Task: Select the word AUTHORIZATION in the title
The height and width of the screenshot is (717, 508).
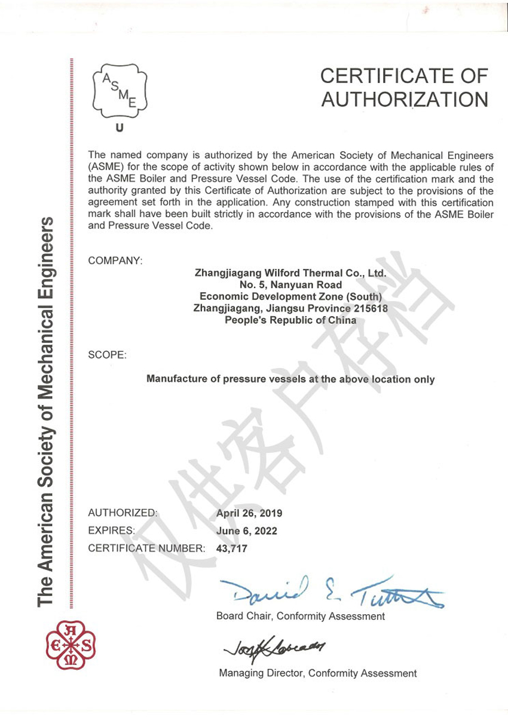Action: click(405, 99)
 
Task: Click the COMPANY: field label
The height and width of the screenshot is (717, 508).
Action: click(115, 261)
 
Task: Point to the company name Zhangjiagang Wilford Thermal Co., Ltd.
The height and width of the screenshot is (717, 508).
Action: click(290, 273)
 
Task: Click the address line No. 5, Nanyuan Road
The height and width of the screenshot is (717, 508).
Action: click(290, 285)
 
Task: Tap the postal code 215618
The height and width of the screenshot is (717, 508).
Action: click(369, 308)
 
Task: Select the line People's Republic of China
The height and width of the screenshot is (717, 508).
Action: click(290, 320)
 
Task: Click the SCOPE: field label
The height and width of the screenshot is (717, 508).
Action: click(107, 355)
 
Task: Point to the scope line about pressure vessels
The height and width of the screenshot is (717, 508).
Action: click(290, 379)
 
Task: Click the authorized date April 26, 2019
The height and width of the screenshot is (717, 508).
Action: click(249, 513)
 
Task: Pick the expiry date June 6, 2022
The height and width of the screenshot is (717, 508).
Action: click(246, 531)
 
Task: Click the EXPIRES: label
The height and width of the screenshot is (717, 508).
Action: click(112, 531)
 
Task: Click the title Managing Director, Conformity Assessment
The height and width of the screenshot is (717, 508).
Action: click(318, 673)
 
